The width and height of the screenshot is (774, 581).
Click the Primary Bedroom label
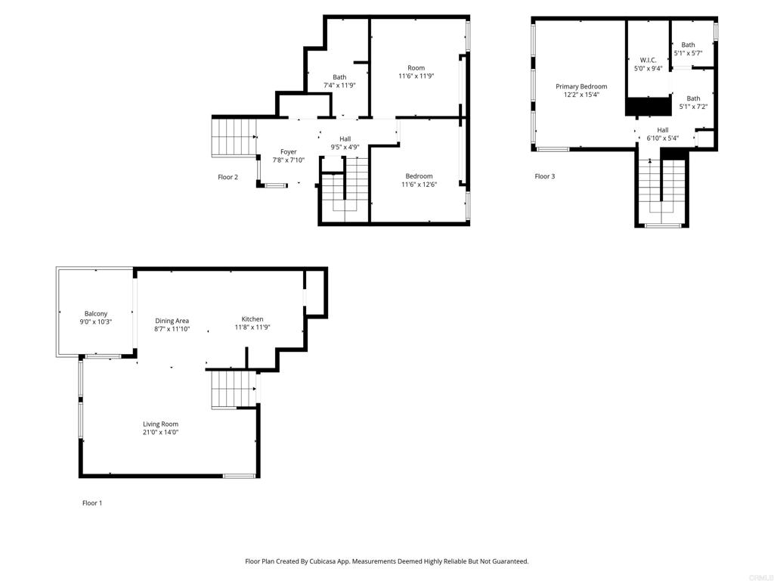[581, 87]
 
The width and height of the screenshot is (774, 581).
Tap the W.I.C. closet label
[648, 60]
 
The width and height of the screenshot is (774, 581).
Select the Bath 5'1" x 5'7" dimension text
[688, 53]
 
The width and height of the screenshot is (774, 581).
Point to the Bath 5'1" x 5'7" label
[688, 45]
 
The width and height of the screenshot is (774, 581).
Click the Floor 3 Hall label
[662, 130]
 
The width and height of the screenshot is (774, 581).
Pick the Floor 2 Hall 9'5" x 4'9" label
[345, 139]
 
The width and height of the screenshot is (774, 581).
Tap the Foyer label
[289, 152]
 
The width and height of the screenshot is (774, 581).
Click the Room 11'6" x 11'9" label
[416, 68]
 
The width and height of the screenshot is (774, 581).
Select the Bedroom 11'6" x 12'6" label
[419, 176]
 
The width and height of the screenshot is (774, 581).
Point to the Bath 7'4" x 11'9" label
[339, 77]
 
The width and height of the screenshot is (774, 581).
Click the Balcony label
[95, 314]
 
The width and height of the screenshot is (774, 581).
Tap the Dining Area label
[172, 321]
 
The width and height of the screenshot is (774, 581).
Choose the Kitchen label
[252, 319]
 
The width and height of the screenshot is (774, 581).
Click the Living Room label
[160, 424]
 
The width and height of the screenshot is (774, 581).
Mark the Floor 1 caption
[92, 503]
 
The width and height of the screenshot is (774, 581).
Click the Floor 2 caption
[228, 178]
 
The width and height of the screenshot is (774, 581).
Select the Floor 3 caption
[545, 177]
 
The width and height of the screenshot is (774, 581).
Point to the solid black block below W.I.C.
[649, 107]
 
